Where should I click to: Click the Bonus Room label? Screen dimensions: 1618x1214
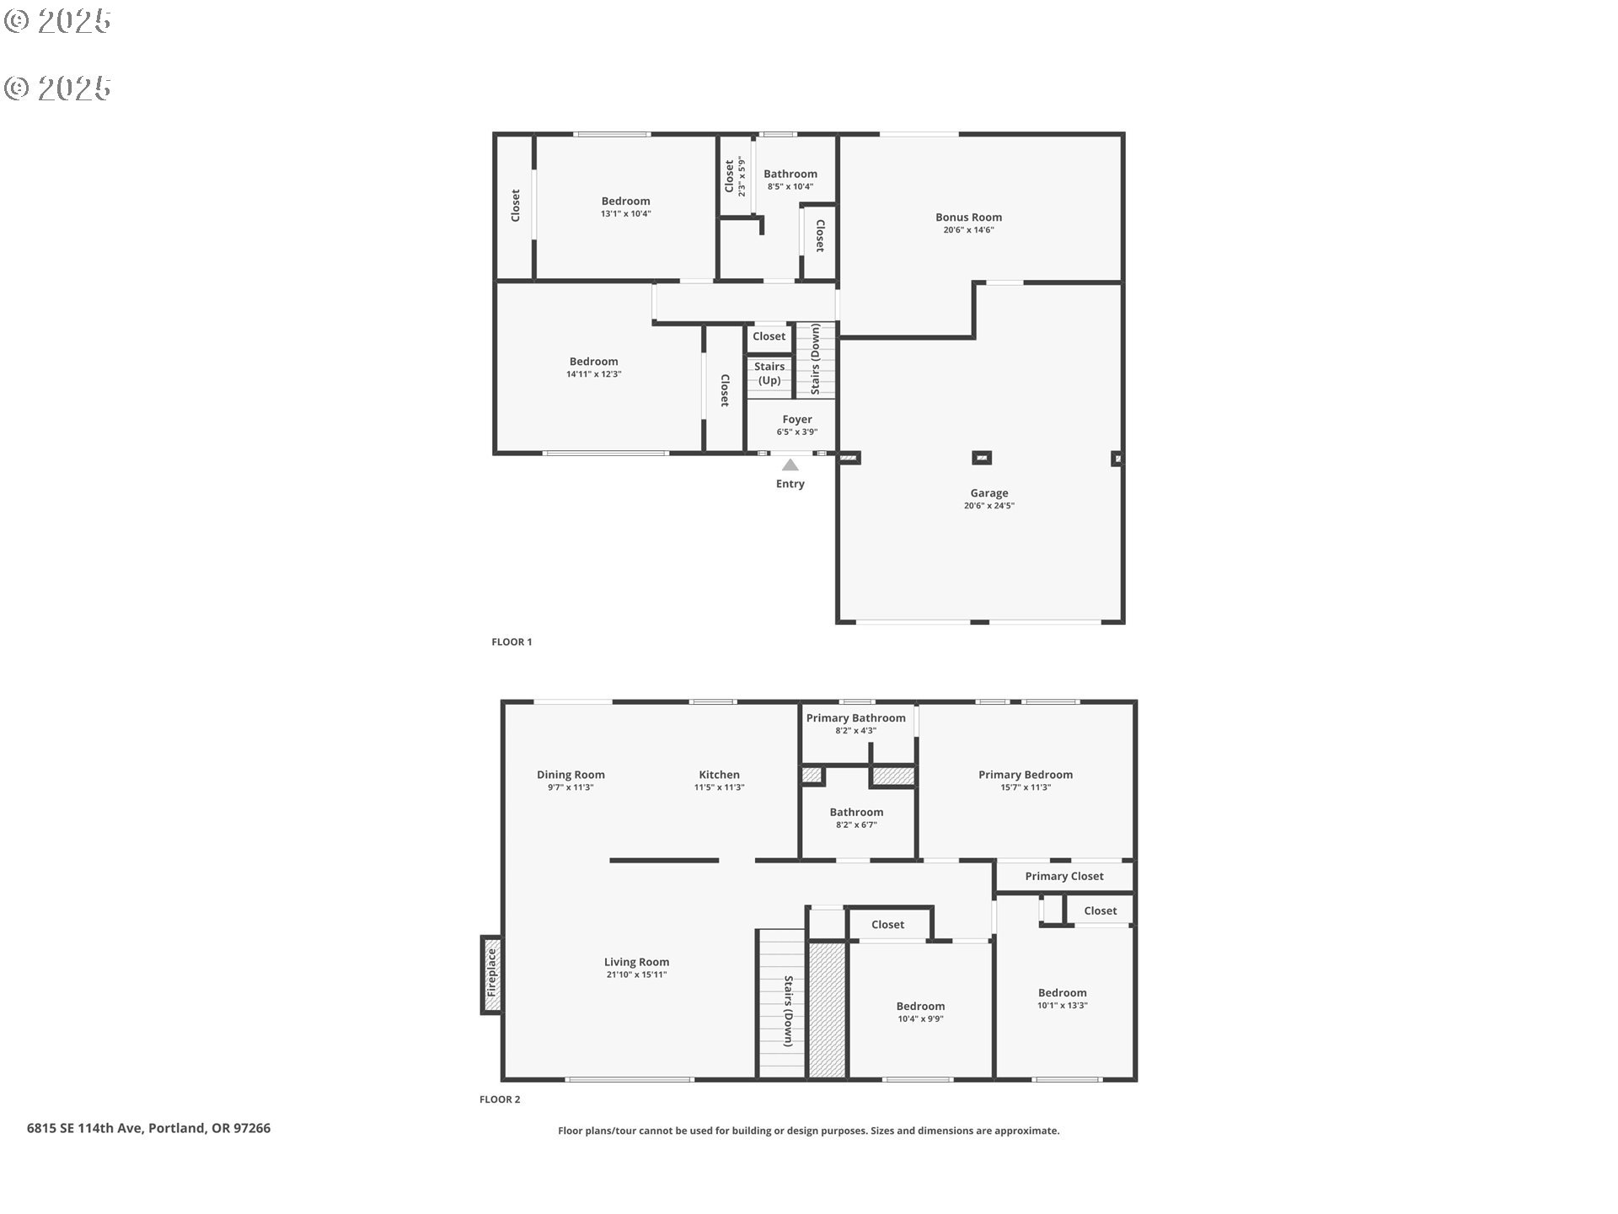click(x=968, y=218)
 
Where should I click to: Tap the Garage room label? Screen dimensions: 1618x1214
click(x=988, y=493)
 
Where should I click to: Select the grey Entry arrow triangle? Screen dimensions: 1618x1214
click(x=790, y=465)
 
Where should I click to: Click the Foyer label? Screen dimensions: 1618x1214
click(x=796, y=419)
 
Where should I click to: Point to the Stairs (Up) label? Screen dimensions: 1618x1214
click(x=769, y=373)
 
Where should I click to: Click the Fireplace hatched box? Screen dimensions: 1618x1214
click(x=492, y=975)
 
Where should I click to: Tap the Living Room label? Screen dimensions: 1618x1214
click(x=636, y=962)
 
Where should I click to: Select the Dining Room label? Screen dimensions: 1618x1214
click(x=571, y=775)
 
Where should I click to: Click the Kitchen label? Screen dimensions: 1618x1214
click(x=719, y=775)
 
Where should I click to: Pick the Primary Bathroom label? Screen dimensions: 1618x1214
click(x=855, y=718)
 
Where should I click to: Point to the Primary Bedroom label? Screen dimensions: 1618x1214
click(x=1026, y=775)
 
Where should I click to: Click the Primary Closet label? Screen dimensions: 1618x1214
click(x=1064, y=876)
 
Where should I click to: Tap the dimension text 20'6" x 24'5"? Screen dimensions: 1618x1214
click(x=989, y=506)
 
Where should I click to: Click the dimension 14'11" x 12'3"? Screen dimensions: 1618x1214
click(x=593, y=374)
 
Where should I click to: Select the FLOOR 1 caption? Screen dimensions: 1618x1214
click(x=512, y=642)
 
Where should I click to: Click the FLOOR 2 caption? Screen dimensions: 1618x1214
click(x=500, y=1099)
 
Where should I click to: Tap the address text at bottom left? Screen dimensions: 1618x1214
click(x=148, y=1128)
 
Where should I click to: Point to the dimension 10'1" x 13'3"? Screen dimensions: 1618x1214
click(x=1062, y=1006)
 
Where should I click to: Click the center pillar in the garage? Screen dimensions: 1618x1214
click(x=982, y=458)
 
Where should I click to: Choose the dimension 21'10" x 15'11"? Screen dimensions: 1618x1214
click(x=636, y=975)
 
